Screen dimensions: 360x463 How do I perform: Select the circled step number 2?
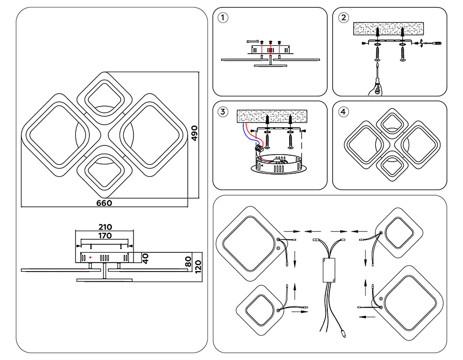coord(343,17)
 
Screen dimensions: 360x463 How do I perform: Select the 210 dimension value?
coord(105,227)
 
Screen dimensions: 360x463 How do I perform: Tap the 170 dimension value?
coord(105,236)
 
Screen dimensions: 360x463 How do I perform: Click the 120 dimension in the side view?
coord(198,266)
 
